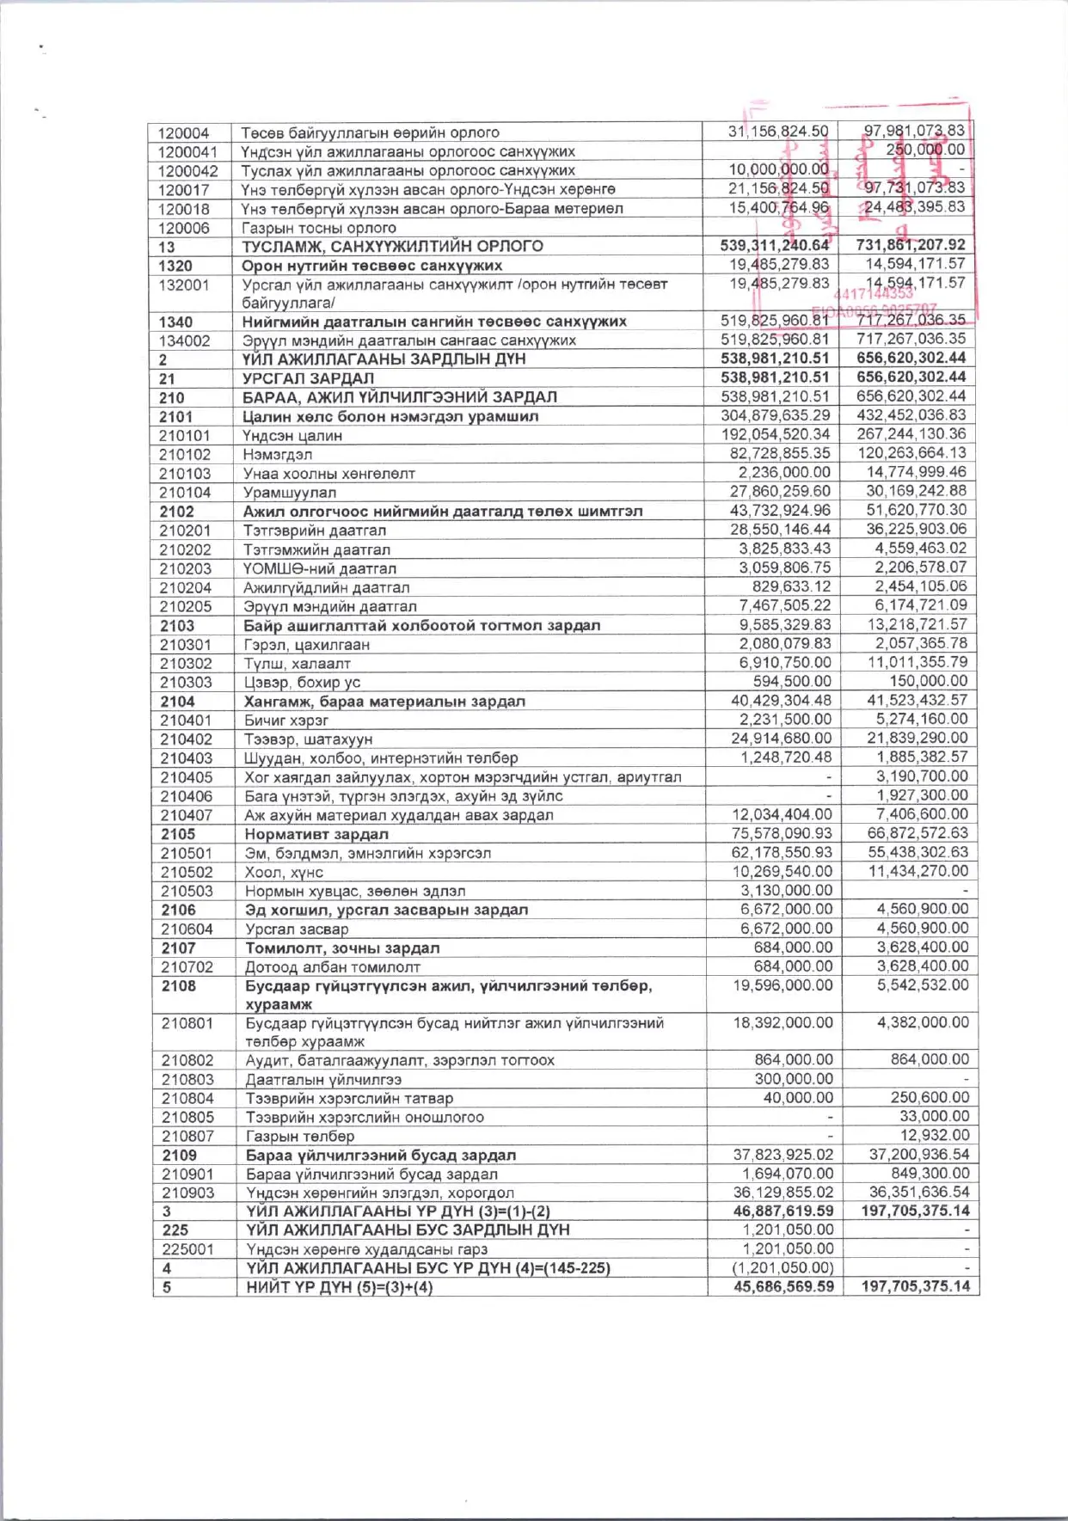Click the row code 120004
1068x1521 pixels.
(x=183, y=132)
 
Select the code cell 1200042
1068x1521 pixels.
(x=187, y=170)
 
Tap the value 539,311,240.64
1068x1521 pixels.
(x=775, y=246)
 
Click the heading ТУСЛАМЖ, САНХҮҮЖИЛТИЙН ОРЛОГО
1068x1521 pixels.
(x=392, y=247)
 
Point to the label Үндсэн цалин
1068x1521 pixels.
(x=292, y=436)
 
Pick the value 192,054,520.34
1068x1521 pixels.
(x=776, y=435)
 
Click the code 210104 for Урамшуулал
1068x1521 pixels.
(x=185, y=493)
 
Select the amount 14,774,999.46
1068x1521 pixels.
(x=917, y=472)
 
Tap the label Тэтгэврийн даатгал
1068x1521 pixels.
(x=315, y=531)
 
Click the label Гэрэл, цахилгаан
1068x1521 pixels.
(x=306, y=645)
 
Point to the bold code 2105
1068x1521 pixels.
(x=178, y=834)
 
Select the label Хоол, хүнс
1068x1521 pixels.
(x=284, y=873)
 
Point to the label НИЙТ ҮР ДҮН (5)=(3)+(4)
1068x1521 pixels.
(x=340, y=1288)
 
